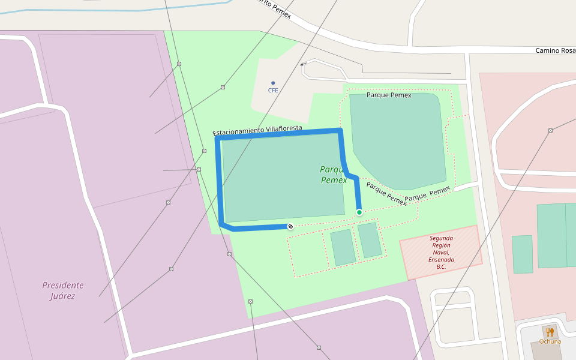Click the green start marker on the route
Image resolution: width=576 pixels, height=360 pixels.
359,212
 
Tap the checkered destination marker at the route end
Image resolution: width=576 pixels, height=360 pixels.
290,226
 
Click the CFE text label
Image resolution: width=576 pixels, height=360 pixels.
273,91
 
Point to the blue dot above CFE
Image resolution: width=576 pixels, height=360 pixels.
273,83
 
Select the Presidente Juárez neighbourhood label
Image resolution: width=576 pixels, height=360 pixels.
63,290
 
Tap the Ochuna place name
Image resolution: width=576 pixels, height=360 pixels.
550,341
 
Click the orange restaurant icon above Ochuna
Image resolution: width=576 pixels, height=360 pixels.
550,332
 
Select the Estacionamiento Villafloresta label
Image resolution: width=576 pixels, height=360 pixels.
257,130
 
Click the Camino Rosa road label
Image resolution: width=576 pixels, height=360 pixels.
555,50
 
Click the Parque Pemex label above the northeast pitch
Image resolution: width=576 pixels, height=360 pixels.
389,95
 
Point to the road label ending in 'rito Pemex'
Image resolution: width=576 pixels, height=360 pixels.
273,8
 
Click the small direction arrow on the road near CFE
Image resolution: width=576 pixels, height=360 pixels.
303,64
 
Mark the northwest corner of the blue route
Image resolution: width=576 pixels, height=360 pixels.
218,139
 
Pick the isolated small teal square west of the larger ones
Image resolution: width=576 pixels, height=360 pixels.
522,254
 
